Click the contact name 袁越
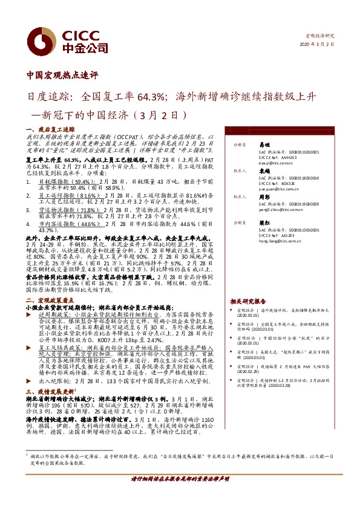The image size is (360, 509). tap(264, 171)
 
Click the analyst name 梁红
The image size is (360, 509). tap(264, 222)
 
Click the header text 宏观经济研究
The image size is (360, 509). tap(320, 36)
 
